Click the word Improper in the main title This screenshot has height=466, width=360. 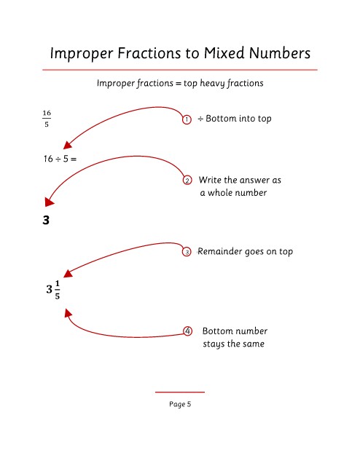tap(82, 54)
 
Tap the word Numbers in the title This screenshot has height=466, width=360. tap(280, 53)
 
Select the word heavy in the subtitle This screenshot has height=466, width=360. tap(212, 83)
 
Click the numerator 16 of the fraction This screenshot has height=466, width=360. tap(47, 113)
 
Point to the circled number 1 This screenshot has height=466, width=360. tap(187, 119)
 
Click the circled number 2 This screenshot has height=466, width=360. tap(187, 181)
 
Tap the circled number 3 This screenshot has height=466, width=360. tap(187, 252)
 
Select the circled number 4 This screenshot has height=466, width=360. tap(187, 331)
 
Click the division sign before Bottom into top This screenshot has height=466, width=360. tap(200, 119)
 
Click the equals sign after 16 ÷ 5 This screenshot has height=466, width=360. tap(74, 159)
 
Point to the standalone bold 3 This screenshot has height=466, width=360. tap(46, 220)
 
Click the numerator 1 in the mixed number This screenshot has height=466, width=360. tap(57, 283)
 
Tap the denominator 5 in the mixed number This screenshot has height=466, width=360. tap(57, 296)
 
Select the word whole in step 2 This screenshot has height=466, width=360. tap(220, 192)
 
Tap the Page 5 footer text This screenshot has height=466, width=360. tap(180, 404)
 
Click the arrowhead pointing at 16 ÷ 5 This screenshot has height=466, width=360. tap(68, 145)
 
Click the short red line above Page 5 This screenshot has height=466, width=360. tap(180, 392)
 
